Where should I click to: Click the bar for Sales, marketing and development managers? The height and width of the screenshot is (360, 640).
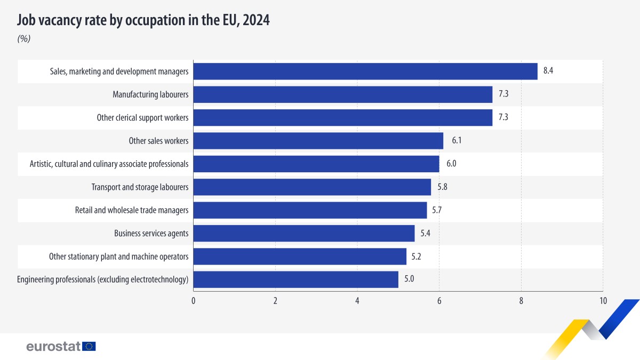tap(365, 71)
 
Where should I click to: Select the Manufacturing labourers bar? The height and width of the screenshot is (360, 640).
tap(342, 94)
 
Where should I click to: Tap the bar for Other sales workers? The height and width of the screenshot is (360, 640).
tap(318, 141)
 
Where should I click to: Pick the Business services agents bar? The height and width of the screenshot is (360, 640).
tap(303, 233)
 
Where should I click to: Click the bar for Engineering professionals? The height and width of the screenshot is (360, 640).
tap(295, 279)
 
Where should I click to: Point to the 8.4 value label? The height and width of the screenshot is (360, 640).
tap(548, 71)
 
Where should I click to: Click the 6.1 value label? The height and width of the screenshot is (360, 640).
tap(456, 141)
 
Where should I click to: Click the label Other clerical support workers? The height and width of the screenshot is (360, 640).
tap(142, 118)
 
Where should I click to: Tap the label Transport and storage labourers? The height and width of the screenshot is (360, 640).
tap(140, 187)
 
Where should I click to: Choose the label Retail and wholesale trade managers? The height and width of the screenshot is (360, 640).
tap(132, 210)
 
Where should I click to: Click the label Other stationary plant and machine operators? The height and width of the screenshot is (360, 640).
tap(118, 257)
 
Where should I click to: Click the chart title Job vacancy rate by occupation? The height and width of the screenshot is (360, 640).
tap(143, 21)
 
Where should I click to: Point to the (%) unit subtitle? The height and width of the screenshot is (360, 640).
tap(24, 39)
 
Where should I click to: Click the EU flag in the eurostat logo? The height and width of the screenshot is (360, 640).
tap(89, 347)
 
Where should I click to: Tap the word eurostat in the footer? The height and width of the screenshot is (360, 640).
tap(53, 347)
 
